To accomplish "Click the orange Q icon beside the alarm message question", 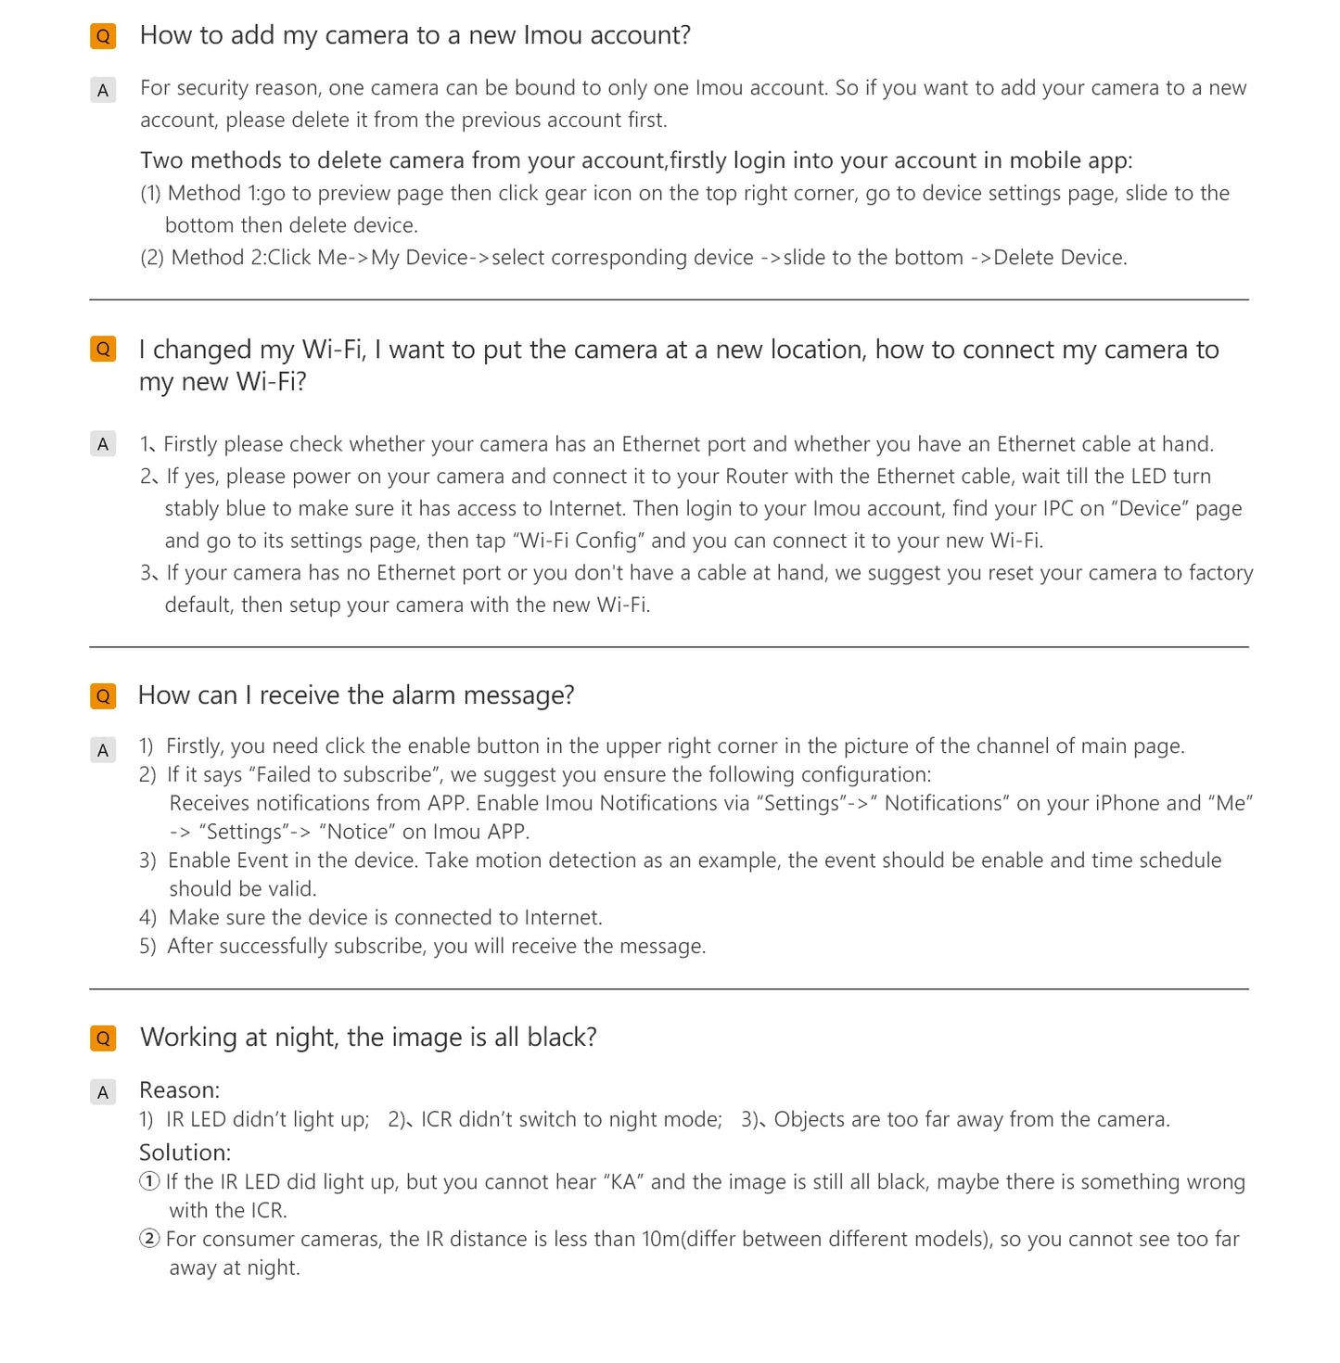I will [103, 696].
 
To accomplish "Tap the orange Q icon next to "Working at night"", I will [103, 1038].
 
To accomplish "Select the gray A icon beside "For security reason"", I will [103, 90].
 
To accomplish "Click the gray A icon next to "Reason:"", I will [103, 1092].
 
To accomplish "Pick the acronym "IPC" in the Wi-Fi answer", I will [1057, 509].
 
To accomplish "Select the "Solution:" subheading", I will [185, 1153].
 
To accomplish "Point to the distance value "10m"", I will [660, 1240].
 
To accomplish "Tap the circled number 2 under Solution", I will [149, 1239].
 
